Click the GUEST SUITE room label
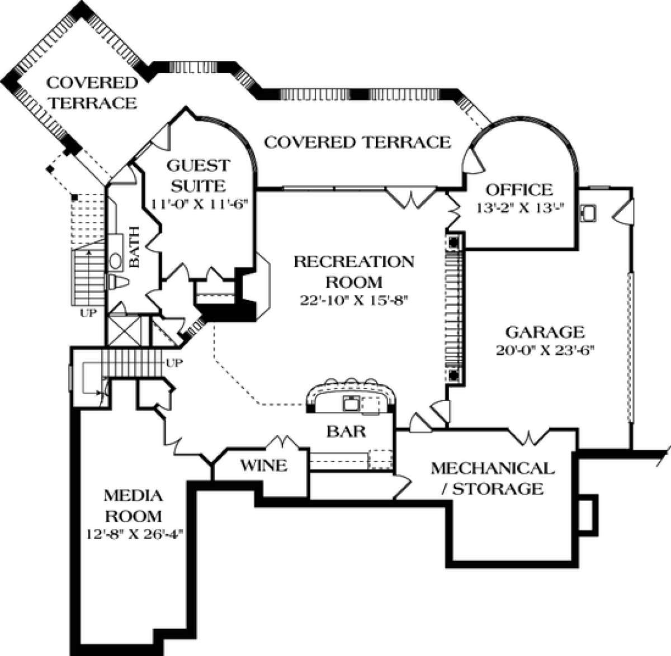point(199,175)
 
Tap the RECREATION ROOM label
point(354,271)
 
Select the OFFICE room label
point(518,190)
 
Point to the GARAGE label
point(545,332)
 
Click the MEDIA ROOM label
point(133,505)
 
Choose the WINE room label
point(264,465)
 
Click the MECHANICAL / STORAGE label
point(492,478)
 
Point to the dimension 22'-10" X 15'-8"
point(354,300)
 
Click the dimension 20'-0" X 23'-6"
point(544,351)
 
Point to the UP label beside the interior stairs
point(175,363)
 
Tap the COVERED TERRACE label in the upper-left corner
point(91,93)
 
